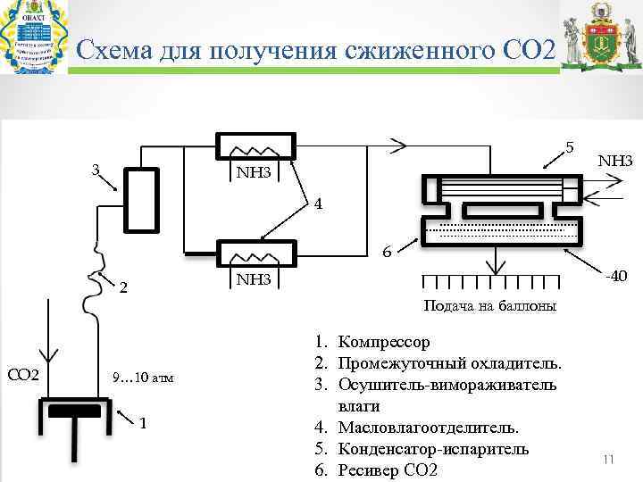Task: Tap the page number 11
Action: [610, 459]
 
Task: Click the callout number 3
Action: [93, 170]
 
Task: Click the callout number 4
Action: [316, 203]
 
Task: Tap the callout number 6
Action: [386, 253]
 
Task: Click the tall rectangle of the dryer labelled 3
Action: [140, 199]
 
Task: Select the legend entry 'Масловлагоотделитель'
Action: [430, 428]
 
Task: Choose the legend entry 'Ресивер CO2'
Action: [388, 470]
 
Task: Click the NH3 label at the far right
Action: [614, 162]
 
